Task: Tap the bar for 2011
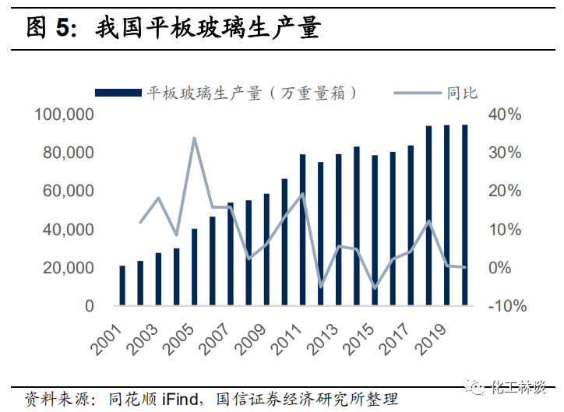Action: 302,230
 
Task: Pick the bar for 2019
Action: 446,215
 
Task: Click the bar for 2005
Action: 194,266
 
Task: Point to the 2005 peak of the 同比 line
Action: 194,139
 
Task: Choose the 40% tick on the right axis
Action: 505,115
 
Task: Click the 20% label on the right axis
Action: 505,192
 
